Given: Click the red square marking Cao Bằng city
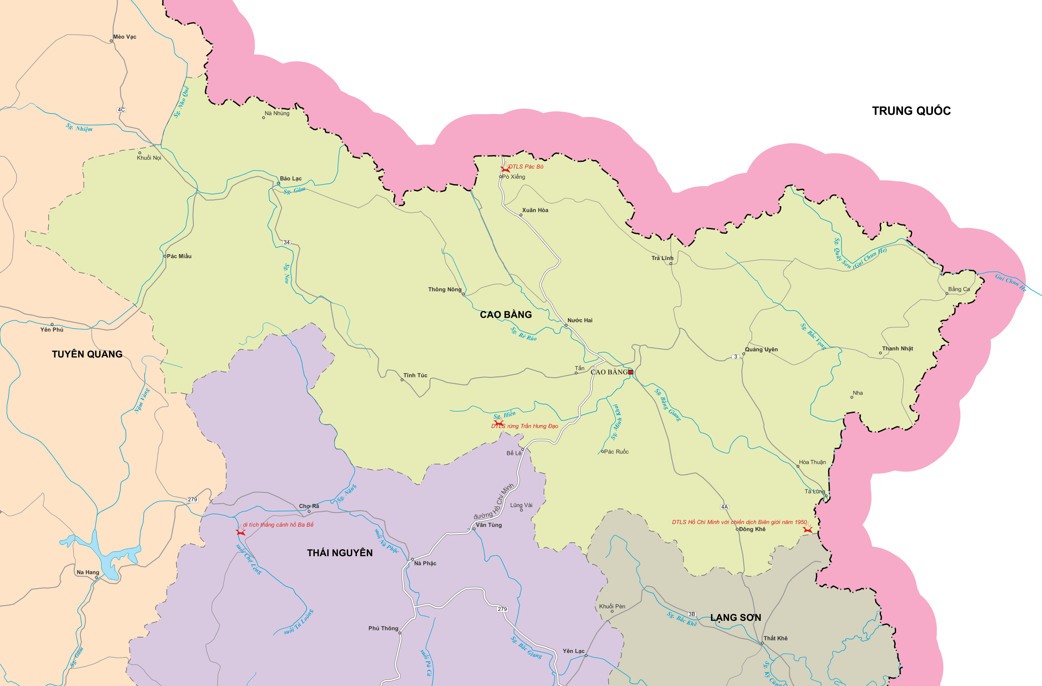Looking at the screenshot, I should pos(630,372).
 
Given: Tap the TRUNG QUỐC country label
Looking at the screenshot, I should pos(910,111).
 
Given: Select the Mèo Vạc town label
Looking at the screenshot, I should pos(124,37).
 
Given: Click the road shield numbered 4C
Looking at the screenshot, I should pos(121,109).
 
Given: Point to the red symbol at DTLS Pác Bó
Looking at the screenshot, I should pos(505,168).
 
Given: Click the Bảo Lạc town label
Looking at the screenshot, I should pos(291,178).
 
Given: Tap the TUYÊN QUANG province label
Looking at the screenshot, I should pos(87,354).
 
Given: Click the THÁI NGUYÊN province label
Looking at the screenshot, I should pos(340,553).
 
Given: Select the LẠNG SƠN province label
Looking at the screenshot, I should pos(735,618).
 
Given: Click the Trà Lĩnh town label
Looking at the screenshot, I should pos(662,258).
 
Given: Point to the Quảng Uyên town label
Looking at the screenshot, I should pos(762,350).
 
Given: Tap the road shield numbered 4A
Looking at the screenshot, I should pos(724,507).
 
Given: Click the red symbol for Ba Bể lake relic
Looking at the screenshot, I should pos(241,531).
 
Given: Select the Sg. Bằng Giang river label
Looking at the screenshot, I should pos(668,405).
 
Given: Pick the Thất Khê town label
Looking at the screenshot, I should pos(775,638).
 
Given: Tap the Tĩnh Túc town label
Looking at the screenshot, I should pos(415,375).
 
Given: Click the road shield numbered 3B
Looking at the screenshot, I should pos(692,614).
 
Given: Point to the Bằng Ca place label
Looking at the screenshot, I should pos(959,289).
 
